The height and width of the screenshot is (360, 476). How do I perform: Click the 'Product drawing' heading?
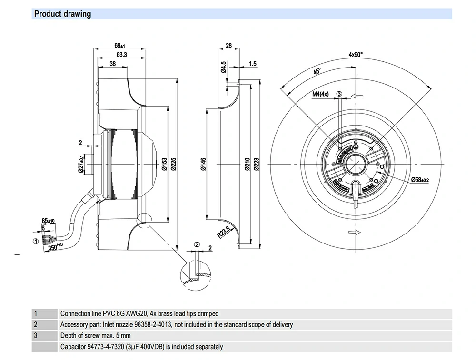tap(62, 14)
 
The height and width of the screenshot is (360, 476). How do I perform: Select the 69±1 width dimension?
tap(119, 46)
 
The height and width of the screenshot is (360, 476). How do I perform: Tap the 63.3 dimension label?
tap(121, 55)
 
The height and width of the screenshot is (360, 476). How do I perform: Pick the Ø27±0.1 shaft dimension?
tap(81, 164)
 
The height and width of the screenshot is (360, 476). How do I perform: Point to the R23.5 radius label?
tap(223, 232)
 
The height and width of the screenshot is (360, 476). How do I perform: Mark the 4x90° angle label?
tap(356, 55)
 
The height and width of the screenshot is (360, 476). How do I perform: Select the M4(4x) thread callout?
tap(320, 94)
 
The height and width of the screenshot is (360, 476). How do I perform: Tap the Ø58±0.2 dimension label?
tap(420, 180)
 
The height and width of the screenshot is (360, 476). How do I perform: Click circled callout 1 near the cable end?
tap(35, 241)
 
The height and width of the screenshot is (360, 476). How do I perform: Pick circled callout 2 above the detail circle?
tap(197, 244)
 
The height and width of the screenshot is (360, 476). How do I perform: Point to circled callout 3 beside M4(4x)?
tap(339, 94)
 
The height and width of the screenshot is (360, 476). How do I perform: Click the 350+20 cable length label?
tap(56, 247)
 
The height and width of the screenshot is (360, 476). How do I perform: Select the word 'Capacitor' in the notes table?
tap(73, 347)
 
